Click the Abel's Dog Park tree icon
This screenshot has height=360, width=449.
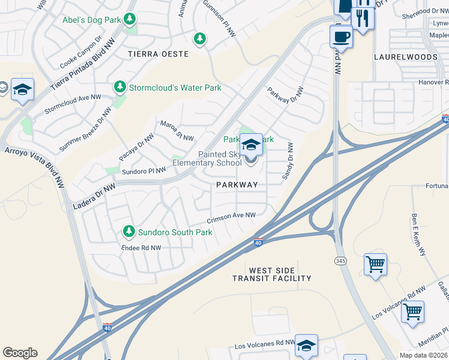(129, 19)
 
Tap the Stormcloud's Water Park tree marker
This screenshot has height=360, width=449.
(120, 88)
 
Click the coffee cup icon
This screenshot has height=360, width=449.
(341, 36)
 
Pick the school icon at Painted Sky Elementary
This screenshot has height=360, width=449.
(251, 145)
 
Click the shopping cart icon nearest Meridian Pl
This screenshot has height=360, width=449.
(412, 311)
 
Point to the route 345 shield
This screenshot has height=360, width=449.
(339, 259)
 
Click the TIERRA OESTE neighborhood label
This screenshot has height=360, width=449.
(158, 54)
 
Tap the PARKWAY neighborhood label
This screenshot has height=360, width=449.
(241, 185)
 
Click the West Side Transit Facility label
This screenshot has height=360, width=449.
(273, 274)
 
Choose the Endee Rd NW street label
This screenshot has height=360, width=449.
(141, 247)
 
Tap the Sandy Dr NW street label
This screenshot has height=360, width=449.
(288, 161)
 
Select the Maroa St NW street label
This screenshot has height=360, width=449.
(176, 131)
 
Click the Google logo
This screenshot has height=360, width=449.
(20, 353)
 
